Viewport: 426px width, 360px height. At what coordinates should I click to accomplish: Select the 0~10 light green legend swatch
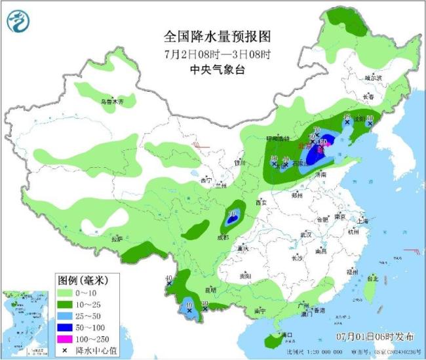64,292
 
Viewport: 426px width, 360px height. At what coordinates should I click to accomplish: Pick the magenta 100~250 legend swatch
64,339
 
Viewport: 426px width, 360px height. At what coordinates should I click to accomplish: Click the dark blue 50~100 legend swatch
64,327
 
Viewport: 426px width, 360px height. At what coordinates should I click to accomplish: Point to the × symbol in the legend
64,351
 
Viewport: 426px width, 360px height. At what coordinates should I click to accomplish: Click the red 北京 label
303,146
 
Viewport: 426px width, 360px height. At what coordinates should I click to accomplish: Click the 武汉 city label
305,234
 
